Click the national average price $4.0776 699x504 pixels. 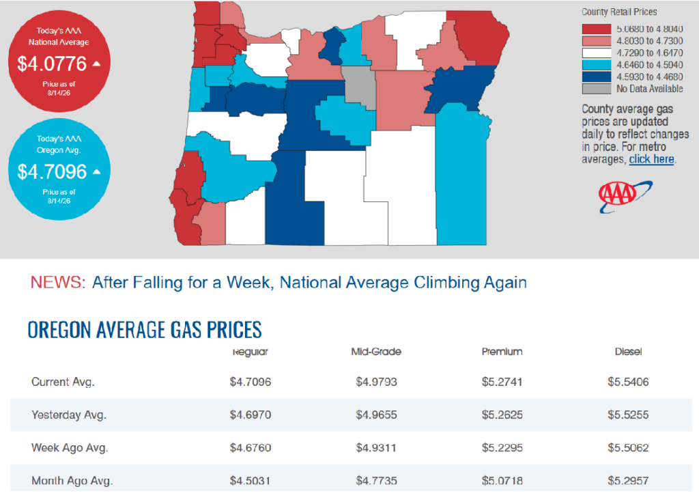click(x=52, y=64)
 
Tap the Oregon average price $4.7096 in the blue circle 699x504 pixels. click(x=52, y=171)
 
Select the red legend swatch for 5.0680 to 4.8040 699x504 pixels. click(x=596, y=29)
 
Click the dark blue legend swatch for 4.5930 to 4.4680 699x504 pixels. click(x=596, y=76)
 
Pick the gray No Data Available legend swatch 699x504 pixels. click(x=596, y=89)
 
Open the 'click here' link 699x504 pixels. click(x=651, y=159)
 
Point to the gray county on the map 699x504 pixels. click(x=360, y=86)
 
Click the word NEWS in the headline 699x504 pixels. click(x=57, y=283)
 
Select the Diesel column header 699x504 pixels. click(x=628, y=352)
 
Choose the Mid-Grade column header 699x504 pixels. click(x=376, y=352)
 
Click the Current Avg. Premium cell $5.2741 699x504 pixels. click(x=502, y=382)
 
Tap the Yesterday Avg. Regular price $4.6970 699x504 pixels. click(x=251, y=415)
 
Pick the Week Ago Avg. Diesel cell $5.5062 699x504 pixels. click(x=628, y=448)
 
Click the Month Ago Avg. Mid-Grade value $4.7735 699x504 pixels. click(x=376, y=481)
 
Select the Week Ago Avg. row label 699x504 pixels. click(x=70, y=448)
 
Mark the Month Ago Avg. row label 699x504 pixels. click(x=72, y=481)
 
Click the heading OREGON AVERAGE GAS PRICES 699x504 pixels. click(x=145, y=330)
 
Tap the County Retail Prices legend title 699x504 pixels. click(x=619, y=12)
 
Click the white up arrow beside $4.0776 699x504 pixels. click(x=96, y=64)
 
